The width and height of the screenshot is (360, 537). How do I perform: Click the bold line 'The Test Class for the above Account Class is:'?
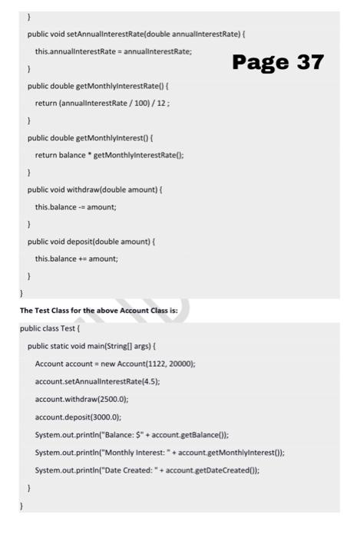(99, 311)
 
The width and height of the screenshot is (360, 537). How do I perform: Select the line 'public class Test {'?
(52, 328)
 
